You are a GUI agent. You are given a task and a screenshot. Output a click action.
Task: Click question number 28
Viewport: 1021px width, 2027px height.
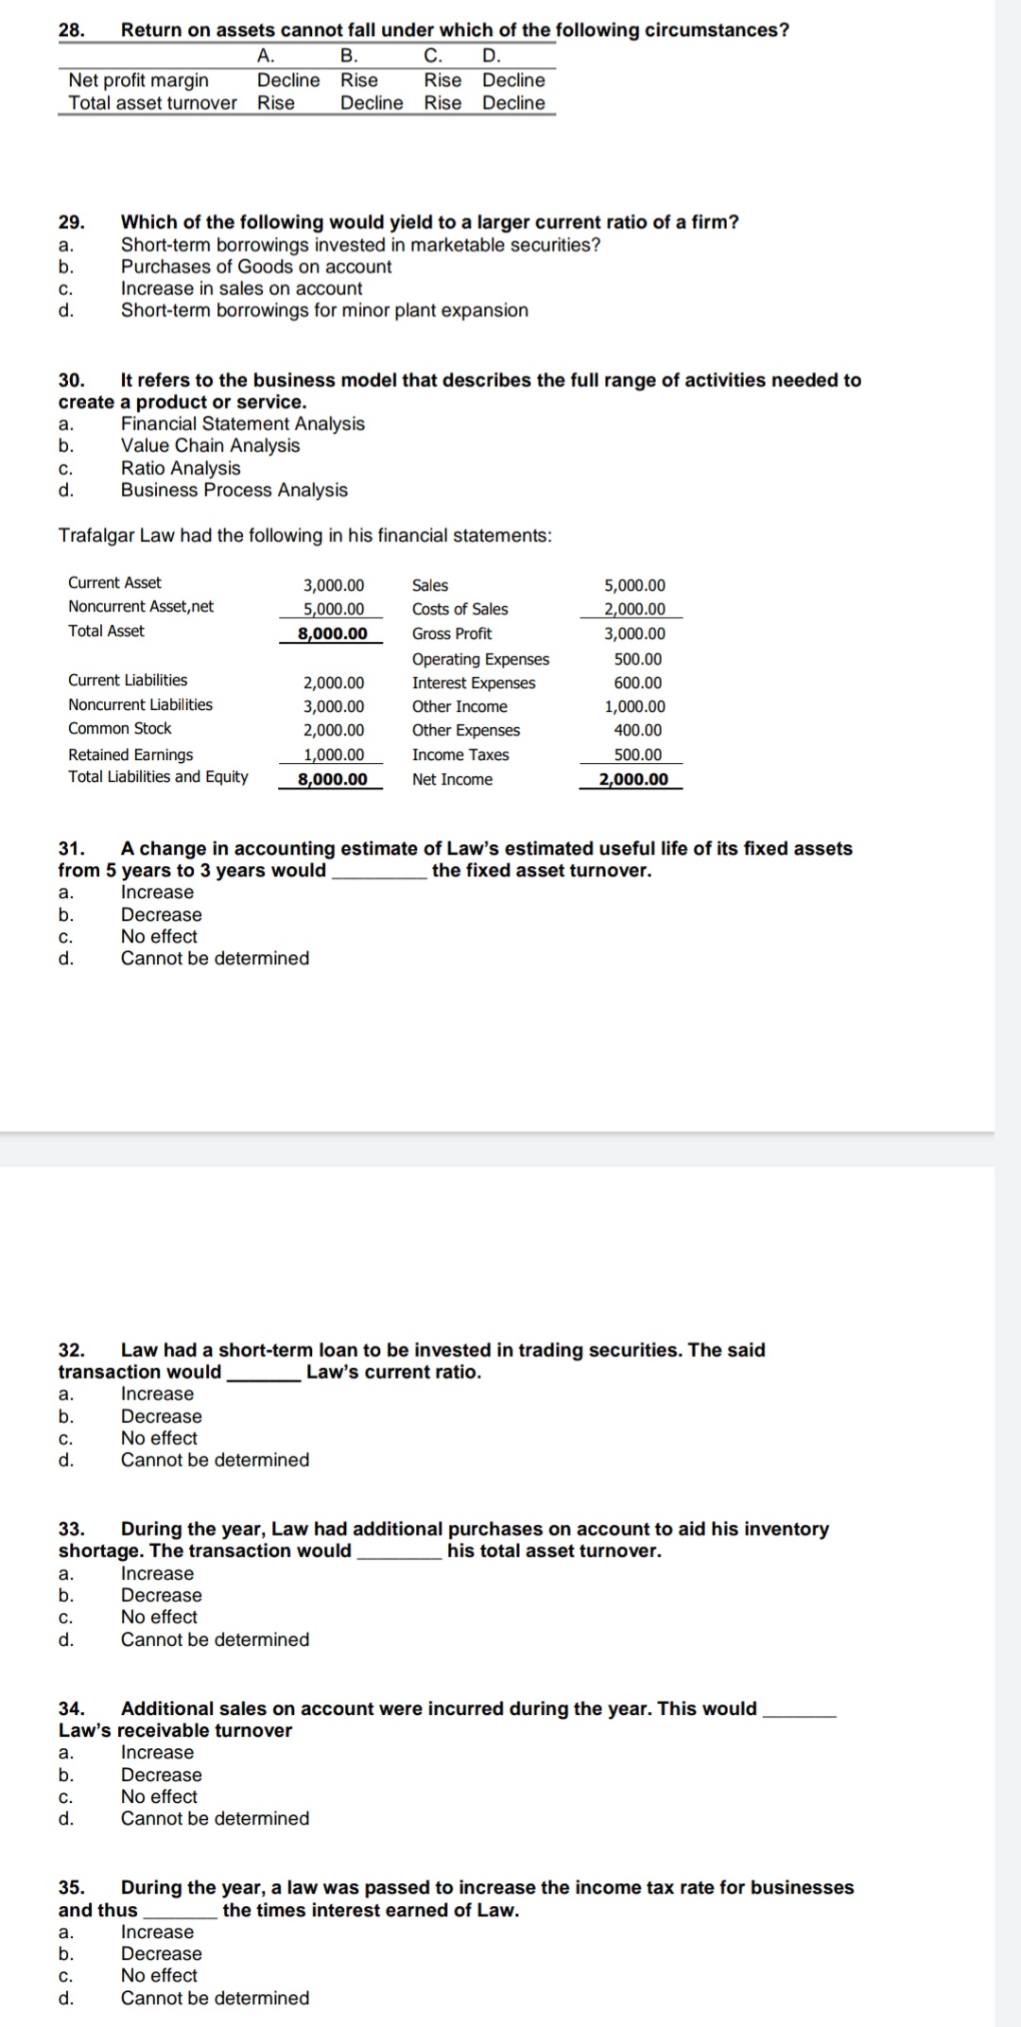click(71, 30)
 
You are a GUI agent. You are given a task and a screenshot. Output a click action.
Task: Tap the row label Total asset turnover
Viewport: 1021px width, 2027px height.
click(152, 103)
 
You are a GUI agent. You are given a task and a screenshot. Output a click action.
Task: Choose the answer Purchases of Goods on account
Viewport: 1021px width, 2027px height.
click(255, 267)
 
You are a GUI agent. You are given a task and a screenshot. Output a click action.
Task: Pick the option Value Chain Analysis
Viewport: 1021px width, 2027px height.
click(210, 445)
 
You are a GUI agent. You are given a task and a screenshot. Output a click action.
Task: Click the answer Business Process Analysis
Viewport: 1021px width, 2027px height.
click(234, 490)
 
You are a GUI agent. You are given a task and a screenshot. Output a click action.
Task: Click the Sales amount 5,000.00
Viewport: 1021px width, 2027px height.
click(634, 586)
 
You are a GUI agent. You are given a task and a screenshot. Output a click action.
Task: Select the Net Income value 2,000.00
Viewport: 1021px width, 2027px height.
click(633, 779)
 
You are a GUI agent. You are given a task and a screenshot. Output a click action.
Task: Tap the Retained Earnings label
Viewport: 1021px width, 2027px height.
click(130, 754)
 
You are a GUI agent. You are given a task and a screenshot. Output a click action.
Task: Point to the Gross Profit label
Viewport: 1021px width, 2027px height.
click(452, 633)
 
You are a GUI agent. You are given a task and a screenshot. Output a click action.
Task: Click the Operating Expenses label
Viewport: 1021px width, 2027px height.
click(480, 659)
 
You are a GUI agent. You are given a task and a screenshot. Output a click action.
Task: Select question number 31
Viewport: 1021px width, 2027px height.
click(71, 849)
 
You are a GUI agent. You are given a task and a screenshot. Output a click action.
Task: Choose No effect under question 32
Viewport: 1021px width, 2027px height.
click(159, 1438)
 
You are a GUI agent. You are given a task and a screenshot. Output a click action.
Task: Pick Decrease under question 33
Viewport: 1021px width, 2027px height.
click(161, 1595)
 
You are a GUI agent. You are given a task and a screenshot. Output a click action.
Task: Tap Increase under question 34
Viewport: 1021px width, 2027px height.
click(157, 1752)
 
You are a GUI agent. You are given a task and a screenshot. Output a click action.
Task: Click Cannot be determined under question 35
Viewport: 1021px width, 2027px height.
click(215, 1998)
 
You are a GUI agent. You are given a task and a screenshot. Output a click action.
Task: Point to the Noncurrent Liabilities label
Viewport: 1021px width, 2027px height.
click(140, 704)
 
